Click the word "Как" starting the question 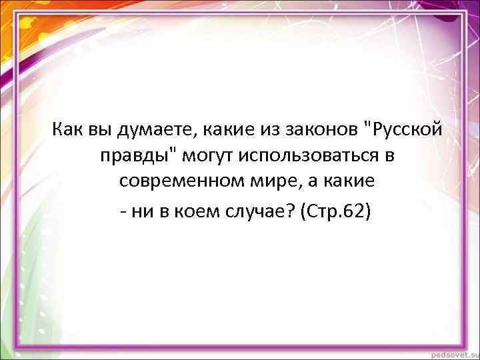(x=67, y=128)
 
